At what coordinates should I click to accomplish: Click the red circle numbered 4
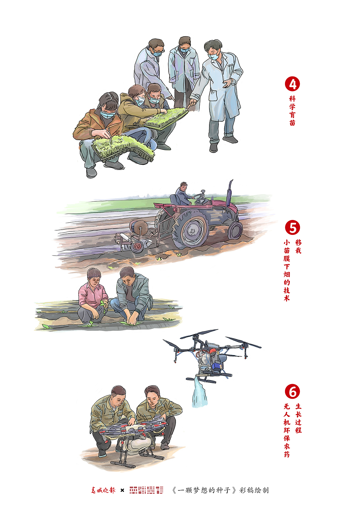[x=292, y=84]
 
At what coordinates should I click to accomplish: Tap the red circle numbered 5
[x=292, y=228]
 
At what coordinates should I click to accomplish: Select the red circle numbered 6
[x=292, y=391]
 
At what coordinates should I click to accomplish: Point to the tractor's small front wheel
[x=235, y=230]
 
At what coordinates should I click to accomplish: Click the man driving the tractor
[x=183, y=194]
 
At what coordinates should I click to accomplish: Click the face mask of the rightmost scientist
[x=214, y=56]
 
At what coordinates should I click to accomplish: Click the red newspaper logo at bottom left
[x=103, y=490]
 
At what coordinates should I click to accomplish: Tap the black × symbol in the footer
[x=122, y=490]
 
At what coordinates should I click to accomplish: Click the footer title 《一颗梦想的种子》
[x=204, y=490]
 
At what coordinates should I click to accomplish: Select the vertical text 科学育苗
[x=292, y=111]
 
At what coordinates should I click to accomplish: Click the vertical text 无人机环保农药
[x=287, y=430]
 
